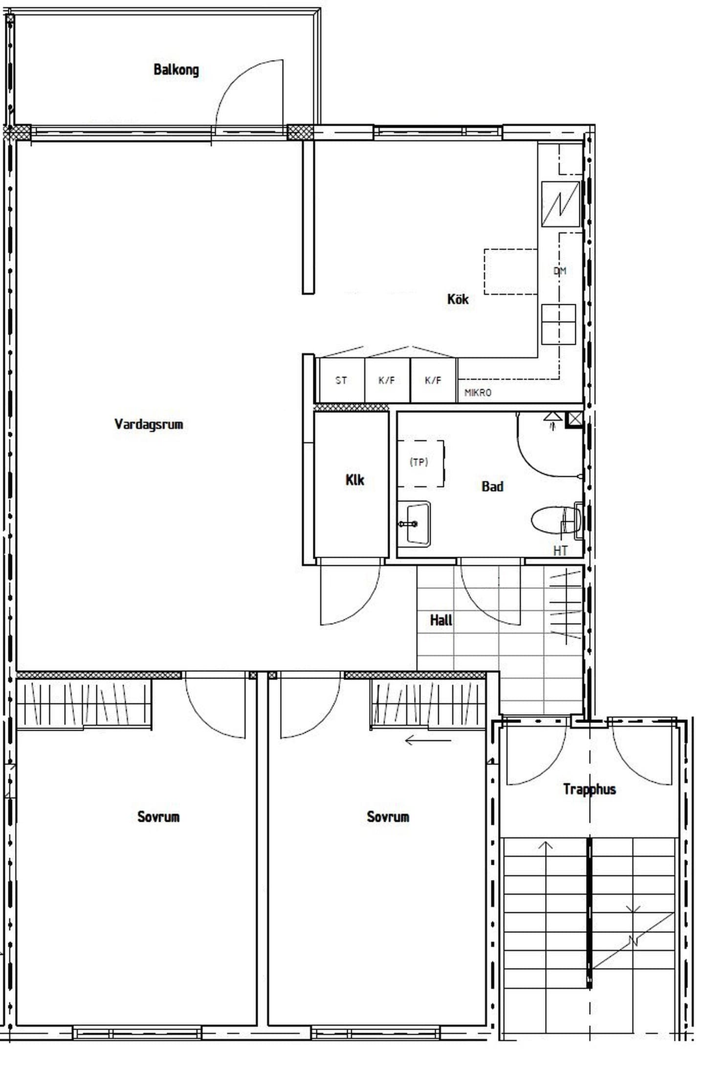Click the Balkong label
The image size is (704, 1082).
pyautogui.click(x=176, y=70)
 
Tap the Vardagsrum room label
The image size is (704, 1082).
pyautogui.click(x=149, y=424)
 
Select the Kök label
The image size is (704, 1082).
pyautogui.click(x=458, y=299)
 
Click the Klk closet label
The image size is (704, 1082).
pyautogui.click(x=354, y=480)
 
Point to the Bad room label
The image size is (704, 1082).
pyautogui.click(x=492, y=486)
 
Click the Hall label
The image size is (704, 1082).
pyautogui.click(x=441, y=620)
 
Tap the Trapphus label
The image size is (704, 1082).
pyautogui.click(x=589, y=789)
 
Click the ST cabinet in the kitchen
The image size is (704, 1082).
pyautogui.click(x=342, y=380)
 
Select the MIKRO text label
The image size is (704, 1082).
pyautogui.click(x=478, y=392)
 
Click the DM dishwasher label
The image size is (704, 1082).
pyautogui.click(x=560, y=270)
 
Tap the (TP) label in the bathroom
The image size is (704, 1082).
pyautogui.click(x=419, y=462)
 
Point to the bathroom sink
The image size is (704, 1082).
pyautogui.click(x=414, y=524)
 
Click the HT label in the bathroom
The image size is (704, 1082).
pyautogui.click(x=560, y=551)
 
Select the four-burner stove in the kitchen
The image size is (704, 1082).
pyautogui.click(x=558, y=324)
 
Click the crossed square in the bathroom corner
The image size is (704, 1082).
pyautogui.click(x=574, y=420)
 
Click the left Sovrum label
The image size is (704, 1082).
pyautogui.click(x=158, y=816)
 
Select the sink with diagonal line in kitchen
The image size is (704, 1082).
pyautogui.click(x=561, y=204)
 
